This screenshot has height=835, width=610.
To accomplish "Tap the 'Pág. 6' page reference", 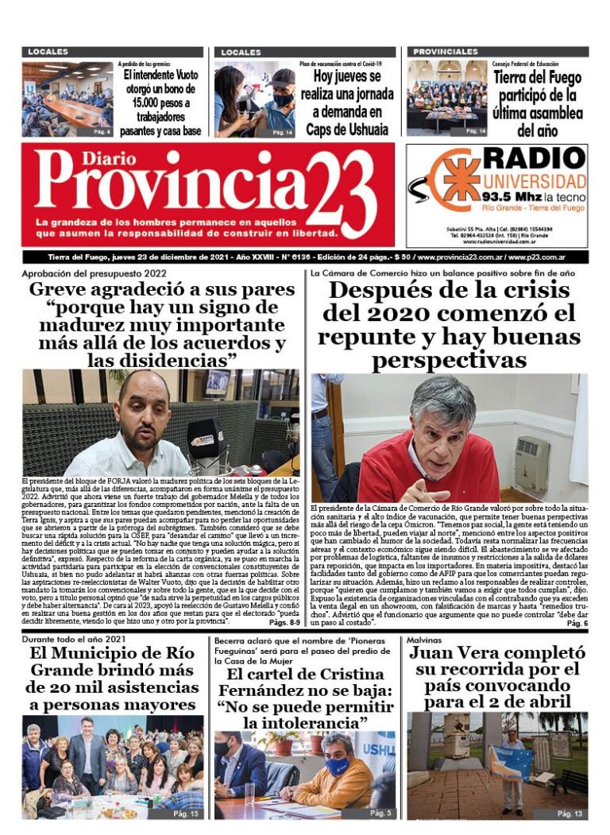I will point(577,624).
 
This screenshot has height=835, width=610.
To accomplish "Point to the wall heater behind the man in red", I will point(531,465).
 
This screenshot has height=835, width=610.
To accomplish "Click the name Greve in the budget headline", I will point(61,289).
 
